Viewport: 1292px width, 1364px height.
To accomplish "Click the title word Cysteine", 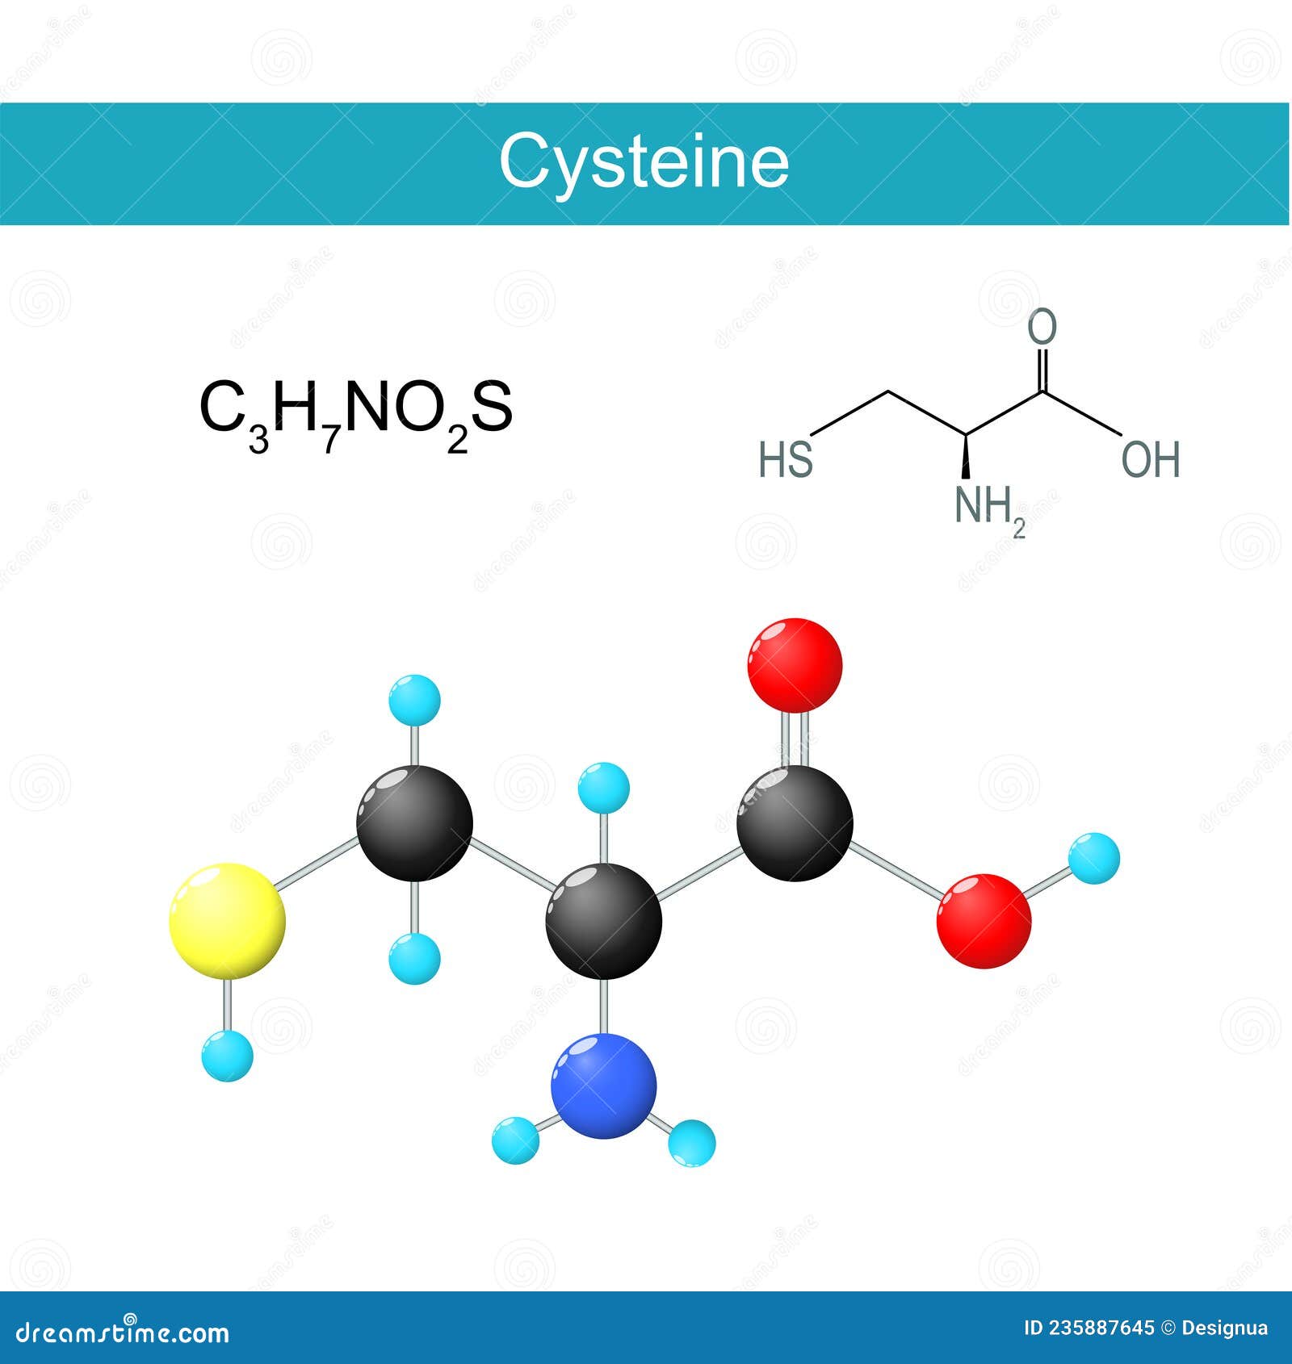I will [x=644, y=162].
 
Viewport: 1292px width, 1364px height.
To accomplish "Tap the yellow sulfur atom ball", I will [x=227, y=921].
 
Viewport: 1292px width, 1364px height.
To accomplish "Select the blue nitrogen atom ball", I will [x=603, y=1086].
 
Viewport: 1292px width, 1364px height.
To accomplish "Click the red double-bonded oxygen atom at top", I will [x=795, y=665].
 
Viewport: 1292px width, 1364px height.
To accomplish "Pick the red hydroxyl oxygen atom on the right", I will [x=984, y=921].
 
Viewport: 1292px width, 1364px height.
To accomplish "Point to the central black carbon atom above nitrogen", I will [x=603, y=921].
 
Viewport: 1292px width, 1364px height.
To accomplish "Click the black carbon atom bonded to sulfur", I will [x=414, y=822].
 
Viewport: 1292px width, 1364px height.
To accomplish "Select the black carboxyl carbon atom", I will [x=795, y=822].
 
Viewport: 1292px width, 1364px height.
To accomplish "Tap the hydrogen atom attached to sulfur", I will [x=228, y=1056].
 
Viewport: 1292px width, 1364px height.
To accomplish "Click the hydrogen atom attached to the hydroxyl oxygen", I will [x=1094, y=858].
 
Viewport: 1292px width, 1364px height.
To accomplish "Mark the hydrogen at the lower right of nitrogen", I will [x=692, y=1142].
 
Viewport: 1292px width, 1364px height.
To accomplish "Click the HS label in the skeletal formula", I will [x=786, y=459].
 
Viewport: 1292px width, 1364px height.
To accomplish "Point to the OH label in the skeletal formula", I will [x=1151, y=459].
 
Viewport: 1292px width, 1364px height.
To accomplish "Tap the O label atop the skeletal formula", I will [x=1042, y=327].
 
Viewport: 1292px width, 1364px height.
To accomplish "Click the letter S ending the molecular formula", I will [x=491, y=408].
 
